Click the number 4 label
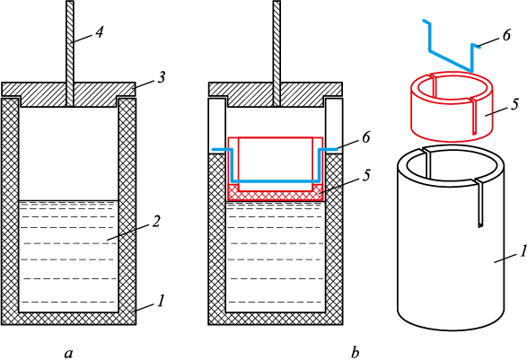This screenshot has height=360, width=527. [99, 32]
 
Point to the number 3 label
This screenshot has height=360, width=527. [162, 77]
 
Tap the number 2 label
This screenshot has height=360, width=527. [155, 222]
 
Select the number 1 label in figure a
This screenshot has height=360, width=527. [161, 301]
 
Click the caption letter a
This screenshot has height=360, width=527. [68, 354]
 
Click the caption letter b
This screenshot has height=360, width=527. [355, 353]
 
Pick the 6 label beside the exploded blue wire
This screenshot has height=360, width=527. [507, 35]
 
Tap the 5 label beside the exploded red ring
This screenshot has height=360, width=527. [515, 104]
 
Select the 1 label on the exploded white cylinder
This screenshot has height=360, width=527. [523, 252]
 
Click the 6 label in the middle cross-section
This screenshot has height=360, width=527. [366, 137]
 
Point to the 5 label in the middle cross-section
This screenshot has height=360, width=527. [366, 175]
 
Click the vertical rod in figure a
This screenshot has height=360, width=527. [69, 50]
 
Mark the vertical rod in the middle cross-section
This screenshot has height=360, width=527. [277, 50]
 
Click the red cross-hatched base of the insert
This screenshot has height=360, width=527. [276, 196]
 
